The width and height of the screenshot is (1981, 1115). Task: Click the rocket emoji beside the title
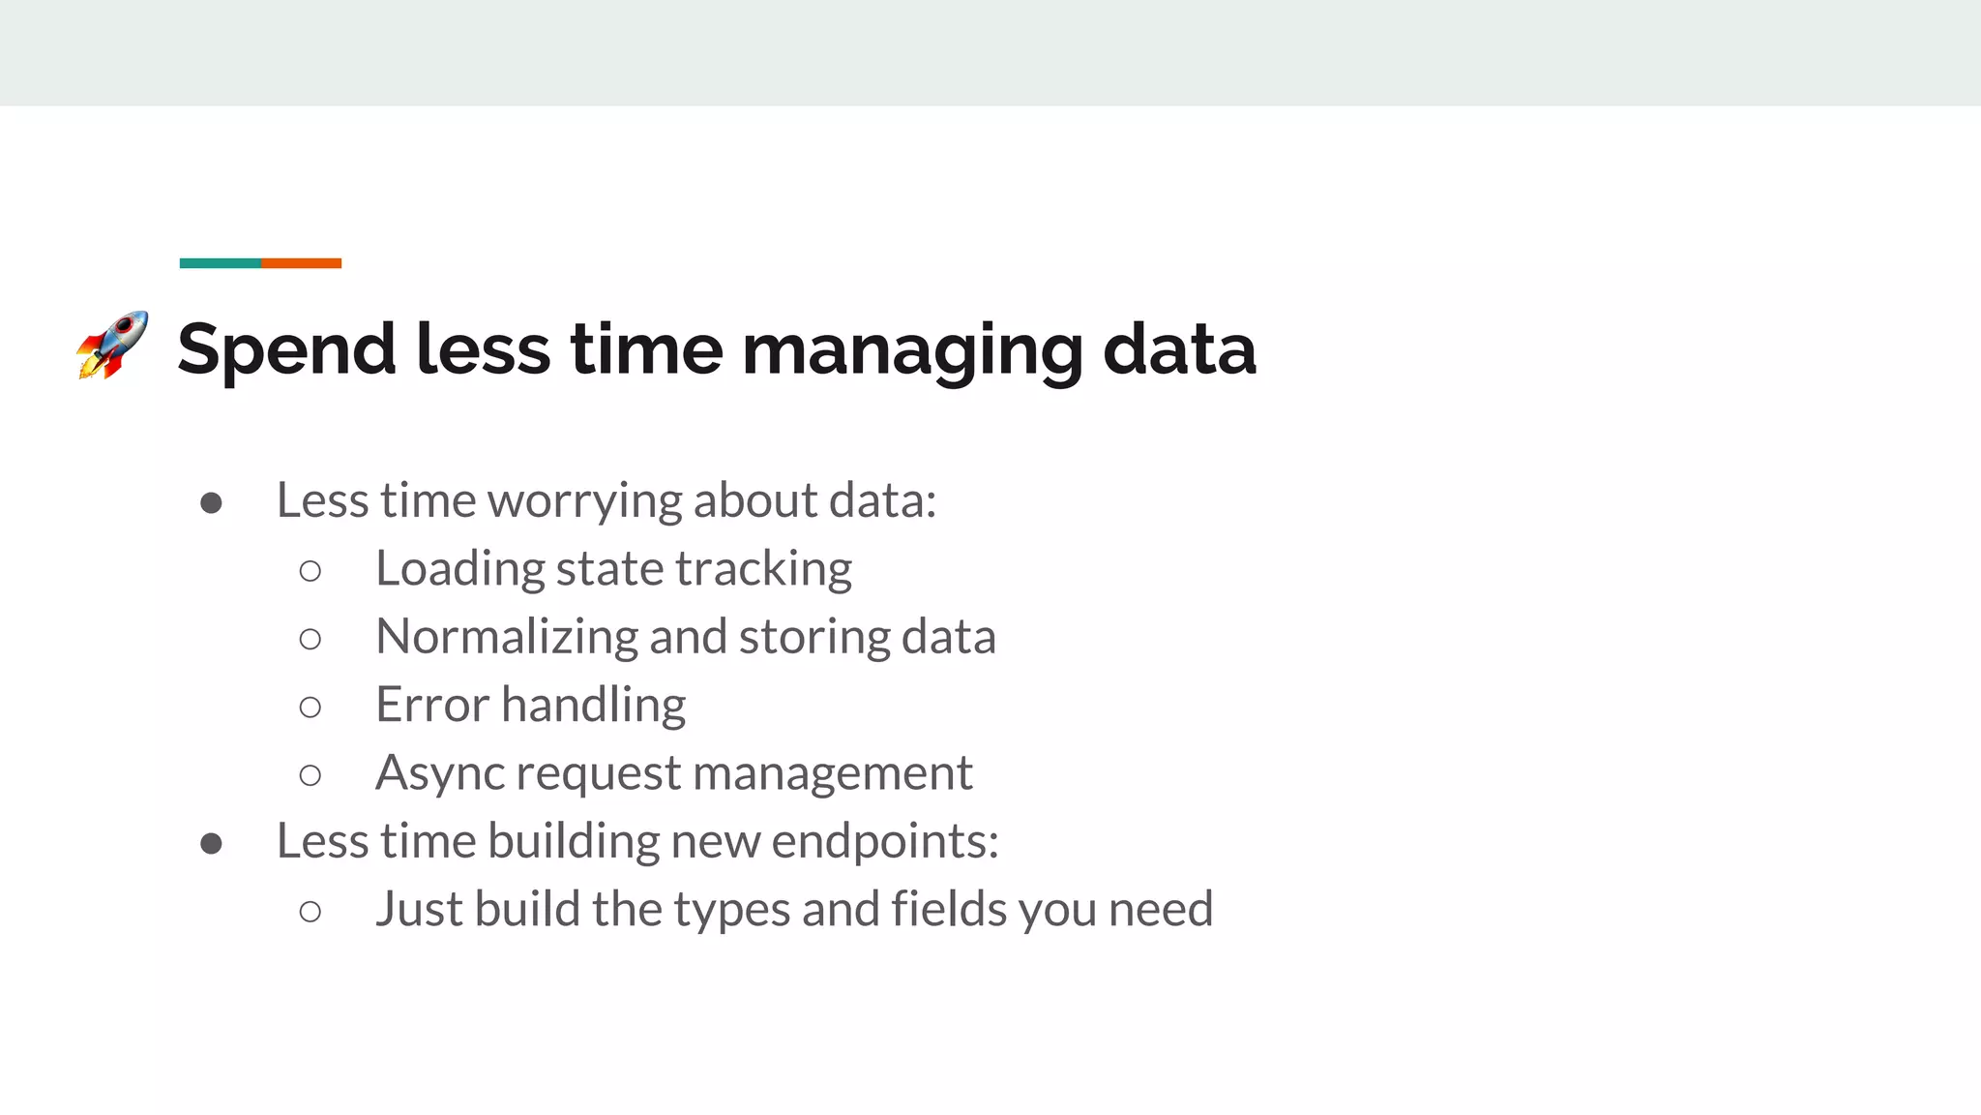tap(112, 345)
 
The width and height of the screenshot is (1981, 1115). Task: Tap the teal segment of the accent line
tap(220, 263)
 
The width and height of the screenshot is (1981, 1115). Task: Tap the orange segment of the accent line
tap(301, 263)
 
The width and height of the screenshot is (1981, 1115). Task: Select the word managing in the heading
tap(912, 350)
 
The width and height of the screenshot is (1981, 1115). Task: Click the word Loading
tap(459, 569)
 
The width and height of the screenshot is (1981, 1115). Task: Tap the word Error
tap(432, 705)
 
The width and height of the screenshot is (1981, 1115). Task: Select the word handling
tap(594, 706)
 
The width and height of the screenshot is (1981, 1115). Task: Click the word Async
tap(440, 773)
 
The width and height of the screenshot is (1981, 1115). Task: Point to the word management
tap(832, 773)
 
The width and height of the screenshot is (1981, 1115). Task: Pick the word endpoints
tap(884, 841)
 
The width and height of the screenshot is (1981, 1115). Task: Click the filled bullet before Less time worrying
tap(211, 503)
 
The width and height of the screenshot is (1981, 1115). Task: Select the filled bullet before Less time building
tap(211, 843)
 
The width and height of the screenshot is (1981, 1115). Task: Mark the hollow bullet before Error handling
tap(310, 708)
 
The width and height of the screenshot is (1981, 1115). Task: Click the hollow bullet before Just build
tap(310, 912)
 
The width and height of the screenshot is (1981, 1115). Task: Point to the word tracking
tap(763, 569)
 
